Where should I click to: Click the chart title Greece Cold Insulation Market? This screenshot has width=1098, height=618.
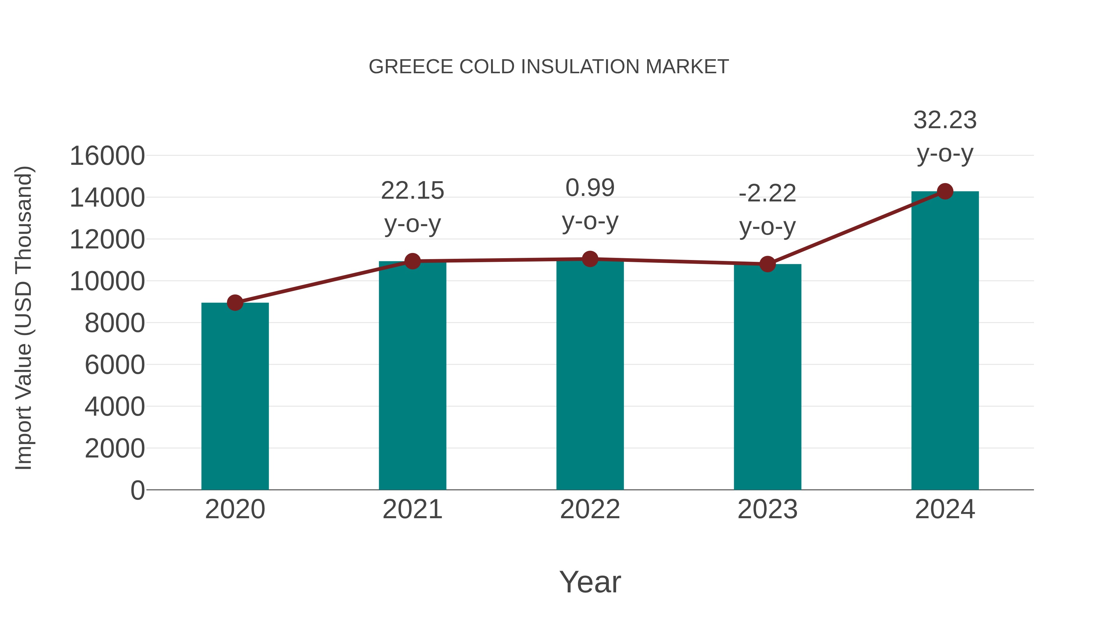click(x=549, y=67)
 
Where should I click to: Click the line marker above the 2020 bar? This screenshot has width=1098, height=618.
click(x=235, y=303)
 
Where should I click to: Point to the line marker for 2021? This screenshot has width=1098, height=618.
click(x=412, y=261)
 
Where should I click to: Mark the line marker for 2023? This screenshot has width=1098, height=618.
click(x=767, y=264)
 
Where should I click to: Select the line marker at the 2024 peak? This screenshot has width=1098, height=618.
click(x=945, y=191)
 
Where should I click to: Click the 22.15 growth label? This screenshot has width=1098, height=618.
click(x=412, y=191)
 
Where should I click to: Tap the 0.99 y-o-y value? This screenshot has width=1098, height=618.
click(x=590, y=188)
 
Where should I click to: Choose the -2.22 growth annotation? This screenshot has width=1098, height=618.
click(x=767, y=193)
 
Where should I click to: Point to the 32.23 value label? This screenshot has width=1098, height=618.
click(x=945, y=120)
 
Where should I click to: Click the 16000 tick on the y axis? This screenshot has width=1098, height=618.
click(x=107, y=156)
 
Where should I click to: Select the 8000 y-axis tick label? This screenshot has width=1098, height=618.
click(x=115, y=323)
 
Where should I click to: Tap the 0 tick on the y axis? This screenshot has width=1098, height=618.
click(x=137, y=490)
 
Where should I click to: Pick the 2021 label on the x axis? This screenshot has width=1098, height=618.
click(x=412, y=509)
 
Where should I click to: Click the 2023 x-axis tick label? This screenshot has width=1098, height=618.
click(x=767, y=509)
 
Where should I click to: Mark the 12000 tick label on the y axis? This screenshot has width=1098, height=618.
click(x=107, y=240)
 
